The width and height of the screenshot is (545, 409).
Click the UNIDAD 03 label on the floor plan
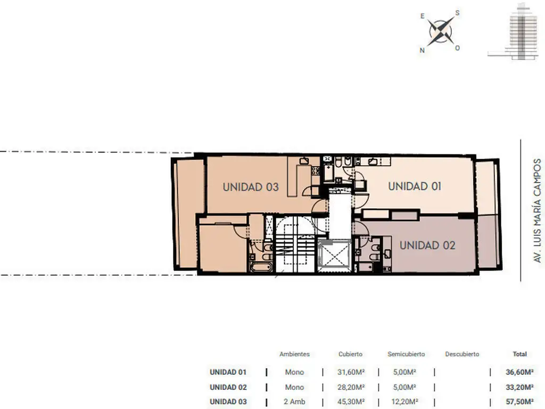coord(251,187)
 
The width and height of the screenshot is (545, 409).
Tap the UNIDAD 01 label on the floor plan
coord(415,186)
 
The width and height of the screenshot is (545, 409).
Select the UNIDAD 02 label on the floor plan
coord(427,246)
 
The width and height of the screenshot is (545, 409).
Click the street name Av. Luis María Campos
coord(538,211)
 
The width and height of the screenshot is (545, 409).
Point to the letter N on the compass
coord(422,50)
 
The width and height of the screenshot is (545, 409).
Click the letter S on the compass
coord(457,13)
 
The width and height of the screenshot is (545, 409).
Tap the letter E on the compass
coord(423,16)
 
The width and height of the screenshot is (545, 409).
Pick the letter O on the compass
coord(457,48)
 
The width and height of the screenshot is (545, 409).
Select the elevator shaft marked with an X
coord(334,256)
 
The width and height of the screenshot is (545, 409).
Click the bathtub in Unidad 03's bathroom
coord(261,267)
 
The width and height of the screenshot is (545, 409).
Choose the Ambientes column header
coord(294,354)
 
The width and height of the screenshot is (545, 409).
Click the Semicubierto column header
coord(406,354)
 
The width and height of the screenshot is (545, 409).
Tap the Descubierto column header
coord(462,354)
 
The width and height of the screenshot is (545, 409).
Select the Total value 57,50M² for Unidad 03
coord(519,402)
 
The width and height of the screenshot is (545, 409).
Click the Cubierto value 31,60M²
coord(351,372)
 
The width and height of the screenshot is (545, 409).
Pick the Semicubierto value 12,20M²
coord(405,402)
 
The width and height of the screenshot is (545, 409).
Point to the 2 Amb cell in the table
coord(294,402)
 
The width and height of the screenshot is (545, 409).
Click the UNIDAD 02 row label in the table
coord(228,387)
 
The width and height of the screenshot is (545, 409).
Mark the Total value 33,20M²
coord(519,387)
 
